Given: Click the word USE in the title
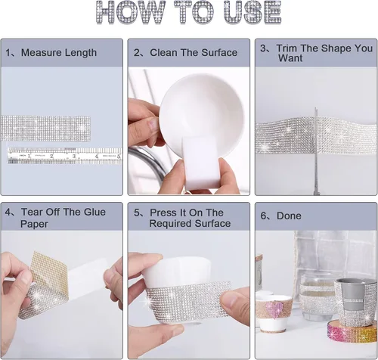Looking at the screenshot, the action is click(253, 13).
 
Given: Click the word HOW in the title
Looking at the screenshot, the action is click(130, 13).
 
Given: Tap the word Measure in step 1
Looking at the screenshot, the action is click(42, 53).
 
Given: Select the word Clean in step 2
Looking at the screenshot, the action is click(163, 53).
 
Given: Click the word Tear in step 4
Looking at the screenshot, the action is click(32, 212).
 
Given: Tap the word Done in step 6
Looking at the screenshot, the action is click(289, 216).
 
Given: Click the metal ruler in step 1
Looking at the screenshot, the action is click(65, 156).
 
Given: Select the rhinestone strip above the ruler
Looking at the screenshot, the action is click(45, 129).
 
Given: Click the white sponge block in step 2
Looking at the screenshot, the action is click(200, 162).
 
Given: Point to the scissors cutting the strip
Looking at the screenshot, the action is click(316, 151).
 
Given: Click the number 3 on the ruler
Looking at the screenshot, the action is click(74, 157).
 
